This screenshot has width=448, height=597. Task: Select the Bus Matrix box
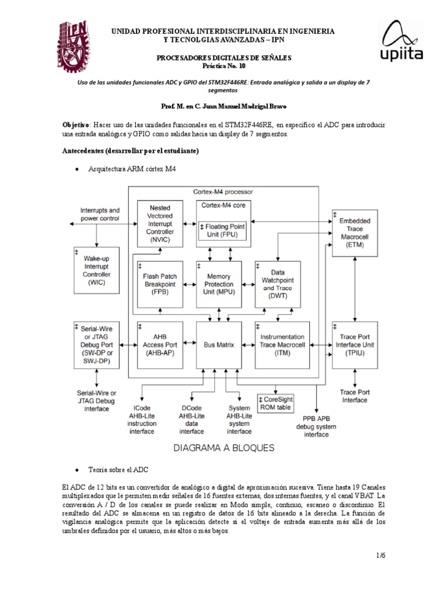pyautogui.click(x=219, y=345)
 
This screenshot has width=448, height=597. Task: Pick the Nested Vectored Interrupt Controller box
pyautogui.click(x=160, y=223)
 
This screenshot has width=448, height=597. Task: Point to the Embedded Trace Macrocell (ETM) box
pyautogui.click(x=355, y=233)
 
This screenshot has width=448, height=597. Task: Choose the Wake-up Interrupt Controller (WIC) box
pyautogui.click(x=97, y=269)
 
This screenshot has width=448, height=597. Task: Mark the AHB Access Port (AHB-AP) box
pyautogui.click(x=160, y=345)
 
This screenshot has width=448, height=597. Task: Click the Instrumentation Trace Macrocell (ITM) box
pyautogui.click(x=282, y=345)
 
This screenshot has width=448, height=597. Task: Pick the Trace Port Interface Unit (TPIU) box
pyautogui.click(x=355, y=345)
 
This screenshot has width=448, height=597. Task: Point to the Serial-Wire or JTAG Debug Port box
pyautogui.click(x=97, y=345)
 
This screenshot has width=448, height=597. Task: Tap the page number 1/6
pyautogui.click(x=381, y=555)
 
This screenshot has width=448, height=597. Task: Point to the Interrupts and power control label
pyautogui.click(x=100, y=215)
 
